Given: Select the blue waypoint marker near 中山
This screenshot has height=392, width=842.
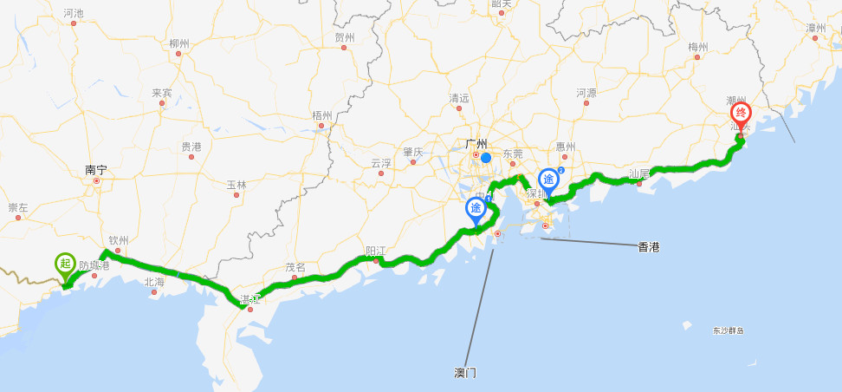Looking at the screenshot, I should click(476, 209).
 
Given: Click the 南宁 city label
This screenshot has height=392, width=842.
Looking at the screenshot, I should click(95, 171).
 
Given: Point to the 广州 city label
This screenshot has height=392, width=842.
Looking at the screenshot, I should click(476, 144).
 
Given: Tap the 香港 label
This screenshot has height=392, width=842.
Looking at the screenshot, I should click(648, 247).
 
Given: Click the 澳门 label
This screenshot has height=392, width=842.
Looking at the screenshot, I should click(465, 373).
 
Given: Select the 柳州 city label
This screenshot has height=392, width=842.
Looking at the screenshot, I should click(179, 42).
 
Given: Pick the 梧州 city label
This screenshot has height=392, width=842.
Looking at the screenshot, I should click(321, 115).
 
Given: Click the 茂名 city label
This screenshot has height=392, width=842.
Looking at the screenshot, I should click(295, 268).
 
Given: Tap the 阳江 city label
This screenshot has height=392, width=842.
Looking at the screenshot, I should click(376, 252).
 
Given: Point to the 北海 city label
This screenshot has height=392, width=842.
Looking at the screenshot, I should click(154, 282).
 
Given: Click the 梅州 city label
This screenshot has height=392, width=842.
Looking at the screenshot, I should click(698, 47).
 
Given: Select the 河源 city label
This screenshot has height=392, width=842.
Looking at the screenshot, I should click(586, 93).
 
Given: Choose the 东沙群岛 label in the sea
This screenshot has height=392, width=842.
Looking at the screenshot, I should click(729, 330).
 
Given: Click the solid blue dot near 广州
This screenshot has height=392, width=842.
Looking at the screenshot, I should click(486, 158).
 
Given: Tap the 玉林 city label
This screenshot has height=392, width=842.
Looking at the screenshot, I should click(236, 185).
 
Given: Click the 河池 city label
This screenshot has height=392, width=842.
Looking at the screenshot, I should click(74, 13).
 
